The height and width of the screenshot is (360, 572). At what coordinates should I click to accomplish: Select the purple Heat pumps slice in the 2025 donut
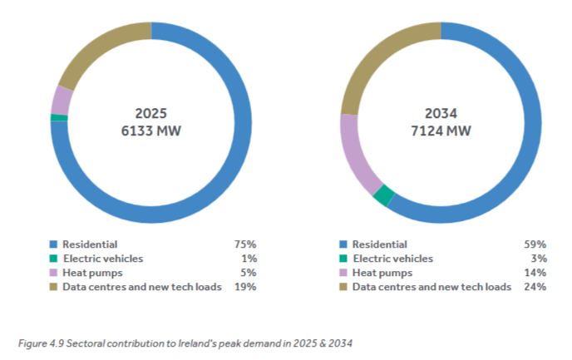click(61, 100)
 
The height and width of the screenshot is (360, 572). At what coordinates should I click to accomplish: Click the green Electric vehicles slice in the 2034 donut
click(382, 195)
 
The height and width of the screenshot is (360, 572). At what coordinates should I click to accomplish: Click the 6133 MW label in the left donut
click(151, 131)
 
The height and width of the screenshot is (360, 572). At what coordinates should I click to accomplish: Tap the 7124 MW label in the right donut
click(441, 131)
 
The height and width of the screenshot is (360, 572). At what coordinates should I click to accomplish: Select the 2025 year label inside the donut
click(151, 113)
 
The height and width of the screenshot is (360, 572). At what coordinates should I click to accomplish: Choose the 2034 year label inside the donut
click(441, 113)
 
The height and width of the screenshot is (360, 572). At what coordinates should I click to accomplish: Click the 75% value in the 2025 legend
click(244, 244)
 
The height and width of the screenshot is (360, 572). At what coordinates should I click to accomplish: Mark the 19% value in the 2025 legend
click(244, 287)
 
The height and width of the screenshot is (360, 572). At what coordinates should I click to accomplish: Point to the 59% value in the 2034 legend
click(535, 244)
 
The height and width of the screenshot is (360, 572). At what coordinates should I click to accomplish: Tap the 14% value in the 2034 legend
click(535, 273)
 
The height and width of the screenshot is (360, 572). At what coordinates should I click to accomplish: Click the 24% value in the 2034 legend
click(535, 287)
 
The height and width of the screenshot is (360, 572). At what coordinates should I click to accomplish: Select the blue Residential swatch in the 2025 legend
click(54, 244)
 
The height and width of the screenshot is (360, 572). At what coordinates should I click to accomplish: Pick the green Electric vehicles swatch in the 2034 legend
click(343, 259)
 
